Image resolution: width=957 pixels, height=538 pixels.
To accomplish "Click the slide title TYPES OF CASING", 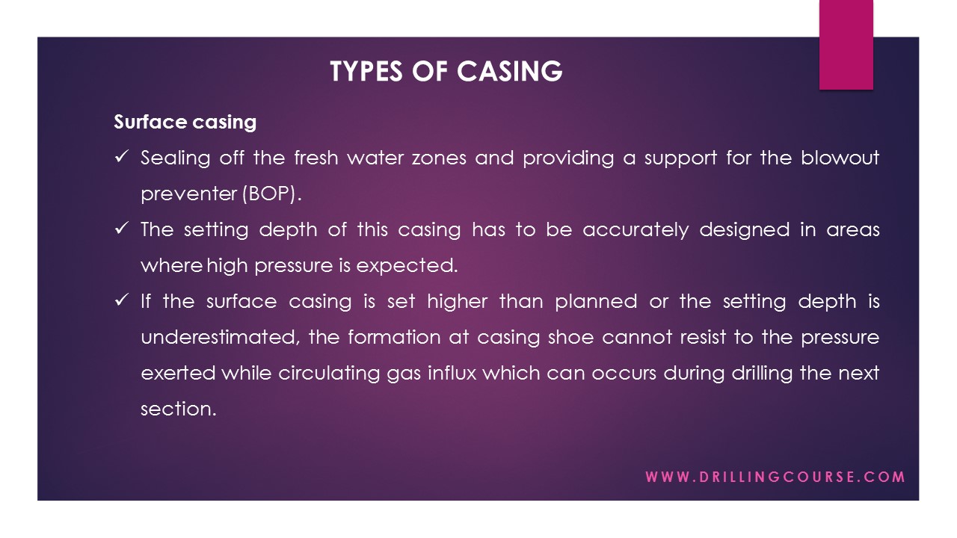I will pos(446,71).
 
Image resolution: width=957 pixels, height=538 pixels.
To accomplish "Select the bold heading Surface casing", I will pos(185,122).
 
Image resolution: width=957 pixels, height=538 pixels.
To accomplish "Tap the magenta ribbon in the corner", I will pos(846,45).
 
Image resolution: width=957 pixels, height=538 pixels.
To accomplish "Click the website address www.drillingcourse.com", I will pos(775,477).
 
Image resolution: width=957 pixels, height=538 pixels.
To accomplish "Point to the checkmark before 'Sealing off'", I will pos(122,158).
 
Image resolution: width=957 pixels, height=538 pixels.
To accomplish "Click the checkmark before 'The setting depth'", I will pos(122,229).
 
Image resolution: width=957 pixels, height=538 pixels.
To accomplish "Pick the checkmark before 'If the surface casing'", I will pos(122,301).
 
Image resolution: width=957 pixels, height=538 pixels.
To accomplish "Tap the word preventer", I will pos(188,194).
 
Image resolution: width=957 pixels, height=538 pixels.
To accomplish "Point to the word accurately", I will pos(636,229).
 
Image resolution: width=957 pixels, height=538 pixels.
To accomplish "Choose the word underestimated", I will pos(220,337).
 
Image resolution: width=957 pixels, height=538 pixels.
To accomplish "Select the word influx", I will pos(452,373).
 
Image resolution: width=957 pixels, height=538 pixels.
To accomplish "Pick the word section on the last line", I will pos(177,409).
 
